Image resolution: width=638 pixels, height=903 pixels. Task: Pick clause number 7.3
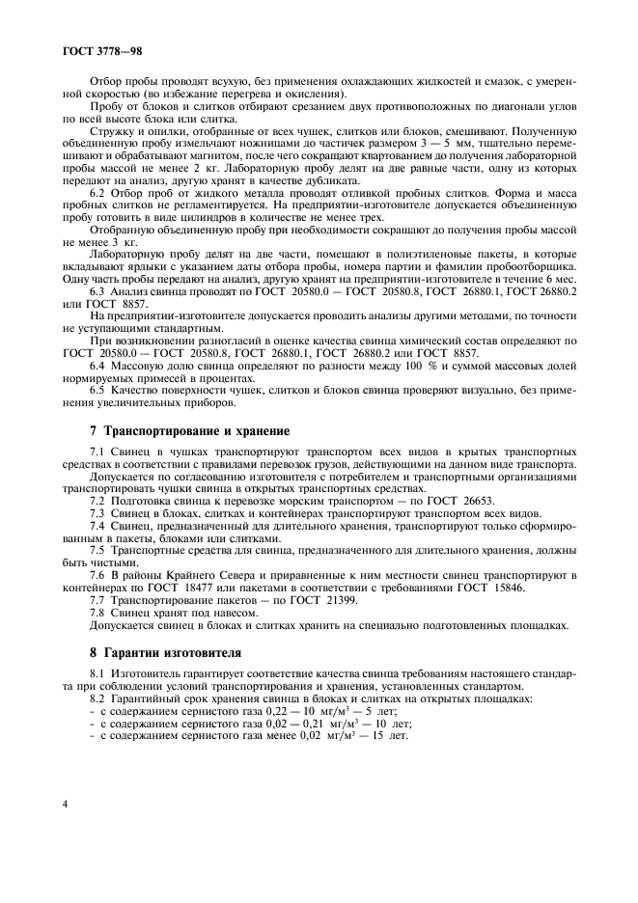97,514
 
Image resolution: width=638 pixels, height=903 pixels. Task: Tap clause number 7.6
97,575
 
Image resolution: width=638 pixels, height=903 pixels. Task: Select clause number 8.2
97,698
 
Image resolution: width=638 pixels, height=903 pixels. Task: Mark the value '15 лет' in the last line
389,735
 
